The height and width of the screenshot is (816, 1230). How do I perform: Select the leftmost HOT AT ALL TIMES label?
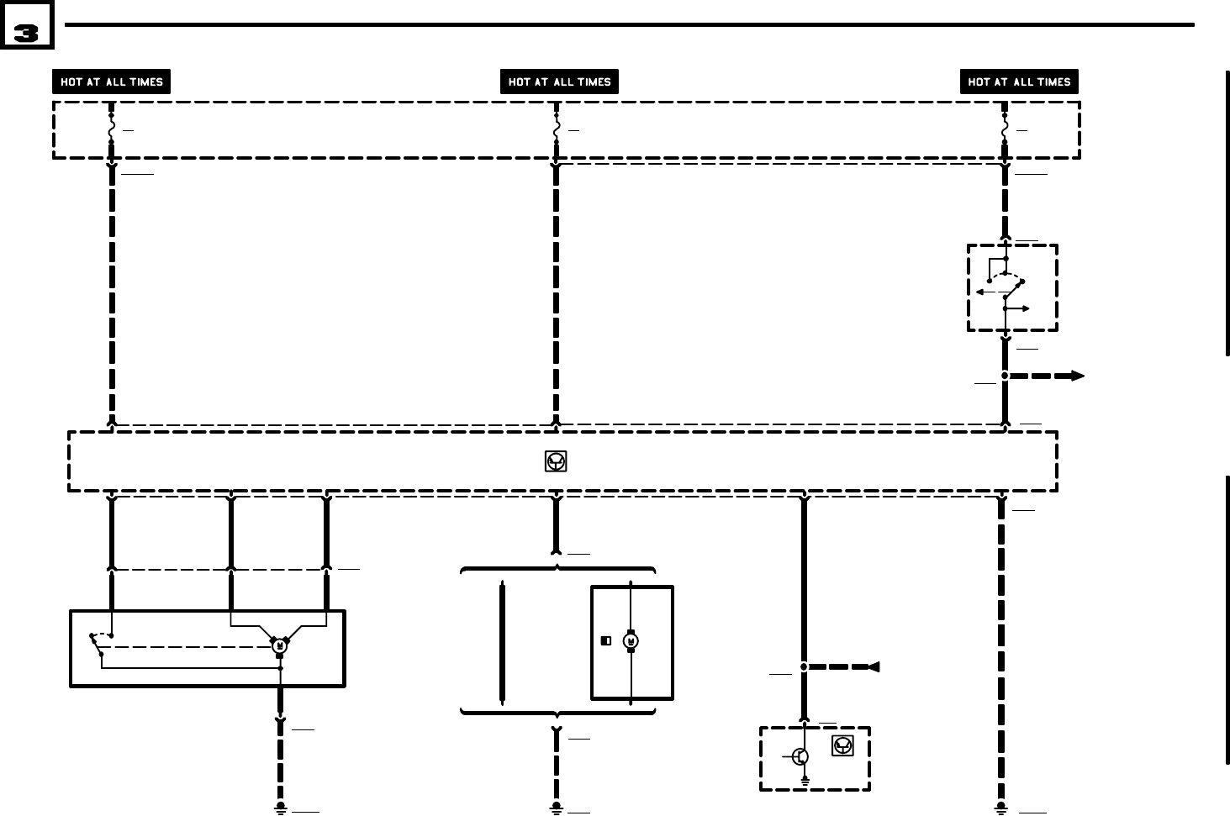click(112, 82)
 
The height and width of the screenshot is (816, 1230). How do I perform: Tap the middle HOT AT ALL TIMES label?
click(559, 82)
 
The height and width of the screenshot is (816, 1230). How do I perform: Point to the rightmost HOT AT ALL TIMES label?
click(1019, 82)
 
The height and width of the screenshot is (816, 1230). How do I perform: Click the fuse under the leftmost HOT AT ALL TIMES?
click(111, 130)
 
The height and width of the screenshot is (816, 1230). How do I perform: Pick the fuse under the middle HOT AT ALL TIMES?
click(556, 130)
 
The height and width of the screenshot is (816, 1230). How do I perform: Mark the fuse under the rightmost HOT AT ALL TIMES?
click(1005, 130)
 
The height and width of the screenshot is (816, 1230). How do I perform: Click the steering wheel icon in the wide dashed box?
click(556, 461)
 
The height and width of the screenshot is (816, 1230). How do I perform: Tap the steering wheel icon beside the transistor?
click(842, 745)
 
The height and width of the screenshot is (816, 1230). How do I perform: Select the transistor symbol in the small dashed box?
click(800, 757)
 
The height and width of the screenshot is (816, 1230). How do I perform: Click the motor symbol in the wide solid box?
click(279, 645)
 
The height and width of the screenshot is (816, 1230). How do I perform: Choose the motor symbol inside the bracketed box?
click(631, 642)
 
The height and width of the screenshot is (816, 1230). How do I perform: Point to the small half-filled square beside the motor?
click(605, 641)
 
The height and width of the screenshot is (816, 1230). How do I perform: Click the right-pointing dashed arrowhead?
click(1076, 376)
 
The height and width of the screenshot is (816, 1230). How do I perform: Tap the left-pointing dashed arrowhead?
click(874, 667)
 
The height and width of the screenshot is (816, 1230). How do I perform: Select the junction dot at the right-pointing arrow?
click(1005, 376)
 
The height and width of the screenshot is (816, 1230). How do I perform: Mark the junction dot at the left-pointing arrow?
click(804, 667)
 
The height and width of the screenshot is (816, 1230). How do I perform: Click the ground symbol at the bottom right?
click(1000, 808)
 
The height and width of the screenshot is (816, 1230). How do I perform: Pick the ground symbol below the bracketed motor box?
click(556, 808)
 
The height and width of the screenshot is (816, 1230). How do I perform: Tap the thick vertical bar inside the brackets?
click(503, 642)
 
